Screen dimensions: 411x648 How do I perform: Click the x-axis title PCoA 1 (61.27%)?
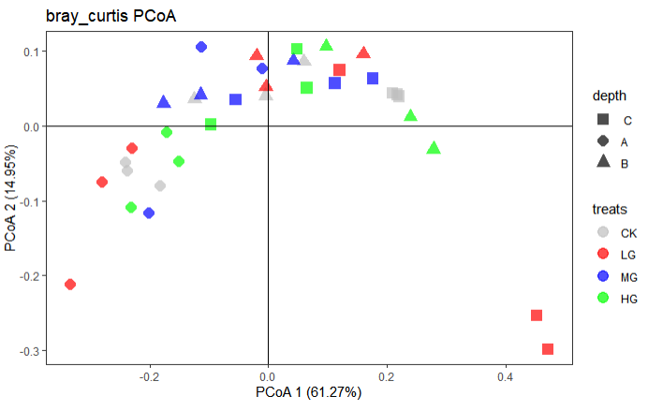pyautogui.click(x=308, y=392)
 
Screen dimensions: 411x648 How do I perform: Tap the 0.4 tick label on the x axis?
pyautogui.click(x=506, y=376)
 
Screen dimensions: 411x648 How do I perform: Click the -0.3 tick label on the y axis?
pyautogui.click(x=29, y=351)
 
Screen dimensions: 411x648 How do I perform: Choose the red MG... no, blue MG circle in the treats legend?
pyautogui.click(x=603, y=276)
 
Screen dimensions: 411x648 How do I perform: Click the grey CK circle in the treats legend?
pyautogui.click(x=603, y=232)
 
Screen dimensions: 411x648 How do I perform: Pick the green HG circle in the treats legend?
pyautogui.click(x=603, y=298)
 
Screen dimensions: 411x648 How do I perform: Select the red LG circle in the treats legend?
pyautogui.click(x=603, y=254)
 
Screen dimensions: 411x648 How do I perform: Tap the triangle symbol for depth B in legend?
pyautogui.click(x=603, y=163)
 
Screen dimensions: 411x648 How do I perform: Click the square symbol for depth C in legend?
pyautogui.click(x=603, y=120)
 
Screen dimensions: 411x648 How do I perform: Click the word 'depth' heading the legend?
pyautogui.click(x=608, y=96)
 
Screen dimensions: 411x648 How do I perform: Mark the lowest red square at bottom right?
pyautogui.click(x=548, y=349)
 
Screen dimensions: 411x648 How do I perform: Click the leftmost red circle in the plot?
pyautogui.click(x=69, y=285)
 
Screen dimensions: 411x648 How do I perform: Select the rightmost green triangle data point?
pyautogui.click(x=434, y=148)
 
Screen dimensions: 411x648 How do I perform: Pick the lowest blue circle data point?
pyautogui.click(x=149, y=213)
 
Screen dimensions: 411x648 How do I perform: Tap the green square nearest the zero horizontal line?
pyautogui.click(x=211, y=125)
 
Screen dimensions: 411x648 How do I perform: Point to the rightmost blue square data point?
pyautogui.click(x=373, y=79)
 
